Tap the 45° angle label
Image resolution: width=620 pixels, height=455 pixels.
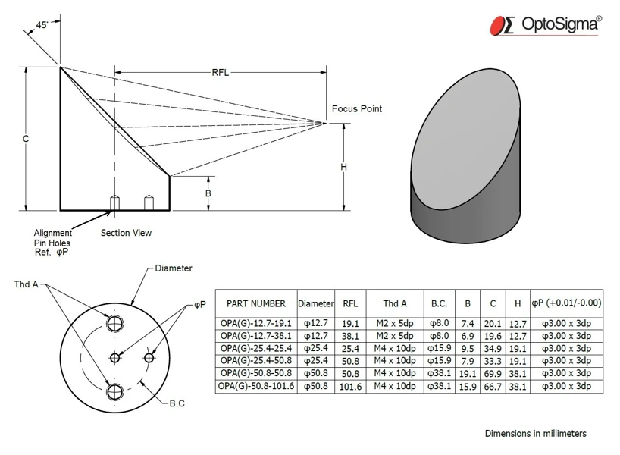pyautogui.click(x=45, y=25)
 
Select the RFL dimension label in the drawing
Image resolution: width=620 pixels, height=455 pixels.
pyautogui.click(x=220, y=73)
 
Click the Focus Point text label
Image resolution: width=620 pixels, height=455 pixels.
pyautogui.click(x=357, y=109)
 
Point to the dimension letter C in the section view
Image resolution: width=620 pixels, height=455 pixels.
pyautogui.click(x=26, y=139)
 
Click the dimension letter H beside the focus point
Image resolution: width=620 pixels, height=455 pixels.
pyautogui.click(x=343, y=167)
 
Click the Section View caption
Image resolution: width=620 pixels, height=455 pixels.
pyautogui.click(x=126, y=233)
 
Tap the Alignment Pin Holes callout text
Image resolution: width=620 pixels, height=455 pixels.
pyautogui.click(x=52, y=243)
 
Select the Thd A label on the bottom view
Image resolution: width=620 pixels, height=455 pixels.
pyautogui.click(x=26, y=284)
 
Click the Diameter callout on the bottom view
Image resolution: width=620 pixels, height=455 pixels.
pyautogui.click(x=174, y=268)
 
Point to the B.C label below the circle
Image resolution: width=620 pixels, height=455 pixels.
pyautogui.click(x=177, y=403)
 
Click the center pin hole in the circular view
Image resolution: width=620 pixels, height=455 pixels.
pyautogui.click(x=115, y=357)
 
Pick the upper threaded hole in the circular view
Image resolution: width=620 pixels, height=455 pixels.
pyautogui.click(x=115, y=324)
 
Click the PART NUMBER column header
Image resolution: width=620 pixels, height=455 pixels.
pyautogui.click(x=256, y=303)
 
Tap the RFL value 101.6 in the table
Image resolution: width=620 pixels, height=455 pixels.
pyautogui.click(x=350, y=386)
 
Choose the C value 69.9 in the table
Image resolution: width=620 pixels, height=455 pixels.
pyautogui.click(x=493, y=373)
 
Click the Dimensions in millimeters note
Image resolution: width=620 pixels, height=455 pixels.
pyautogui.click(x=535, y=434)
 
